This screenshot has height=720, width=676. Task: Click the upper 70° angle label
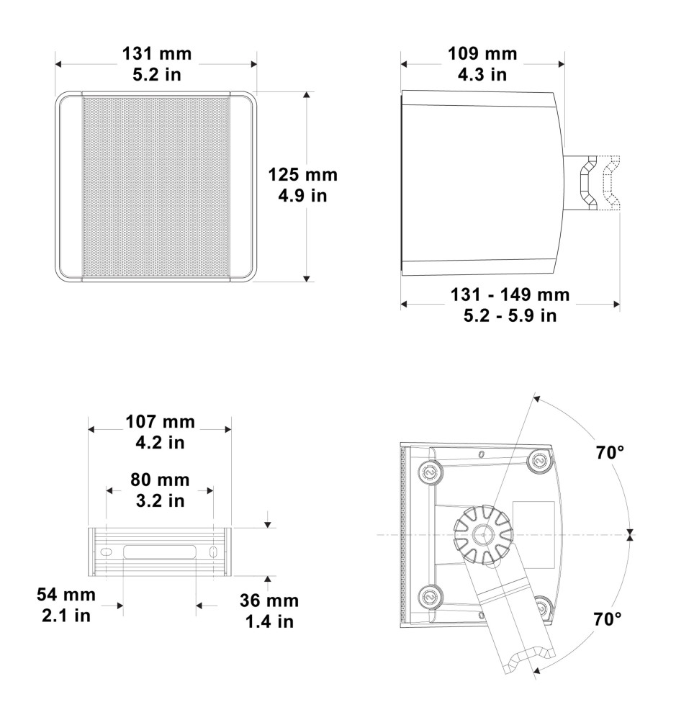coord(610,453)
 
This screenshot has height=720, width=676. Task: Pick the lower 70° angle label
coord(608,619)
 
